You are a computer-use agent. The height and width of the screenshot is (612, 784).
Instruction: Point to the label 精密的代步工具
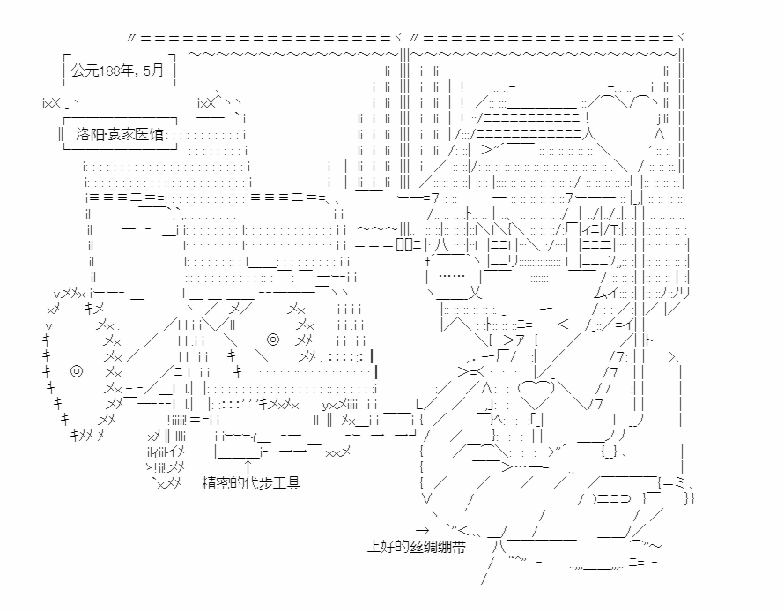[251, 483]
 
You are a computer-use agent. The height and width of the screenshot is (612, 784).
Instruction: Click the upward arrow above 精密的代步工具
[248, 465]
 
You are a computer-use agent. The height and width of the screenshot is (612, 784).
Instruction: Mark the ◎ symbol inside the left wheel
[76, 371]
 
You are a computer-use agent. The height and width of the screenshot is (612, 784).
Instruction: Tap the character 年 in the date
[131, 71]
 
